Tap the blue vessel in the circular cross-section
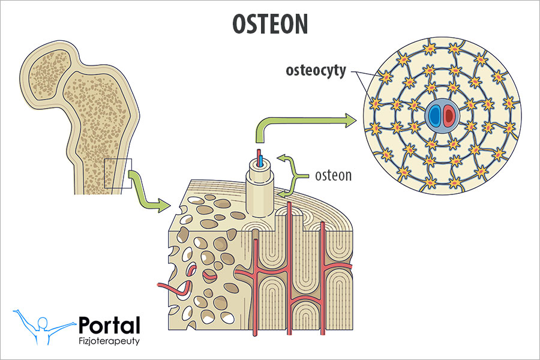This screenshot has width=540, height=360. [x=434, y=115]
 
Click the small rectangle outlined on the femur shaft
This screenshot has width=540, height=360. [x=118, y=173]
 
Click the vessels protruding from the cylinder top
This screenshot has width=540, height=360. [x=260, y=158]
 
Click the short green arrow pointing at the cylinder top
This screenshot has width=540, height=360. [x=289, y=161]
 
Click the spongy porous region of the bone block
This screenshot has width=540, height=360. [x=204, y=252]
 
